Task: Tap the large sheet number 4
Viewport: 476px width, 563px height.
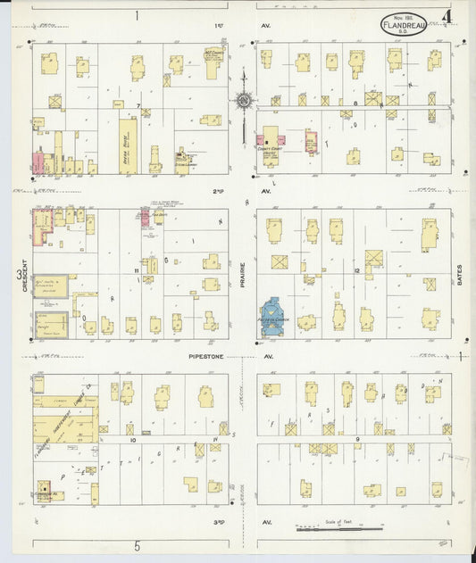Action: pyautogui.click(x=446, y=17)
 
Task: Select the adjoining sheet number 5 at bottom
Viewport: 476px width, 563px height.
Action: pyautogui.click(x=138, y=546)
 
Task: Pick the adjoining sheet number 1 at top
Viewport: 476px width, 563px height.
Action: pyautogui.click(x=137, y=15)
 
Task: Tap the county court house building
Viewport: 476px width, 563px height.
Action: pyautogui.click(x=271, y=140)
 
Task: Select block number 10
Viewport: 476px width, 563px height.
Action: pyautogui.click(x=131, y=440)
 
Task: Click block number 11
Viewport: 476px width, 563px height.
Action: pyautogui.click(x=137, y=269)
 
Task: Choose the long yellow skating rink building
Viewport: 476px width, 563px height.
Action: pyautogui.click(x=129, y=148)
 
